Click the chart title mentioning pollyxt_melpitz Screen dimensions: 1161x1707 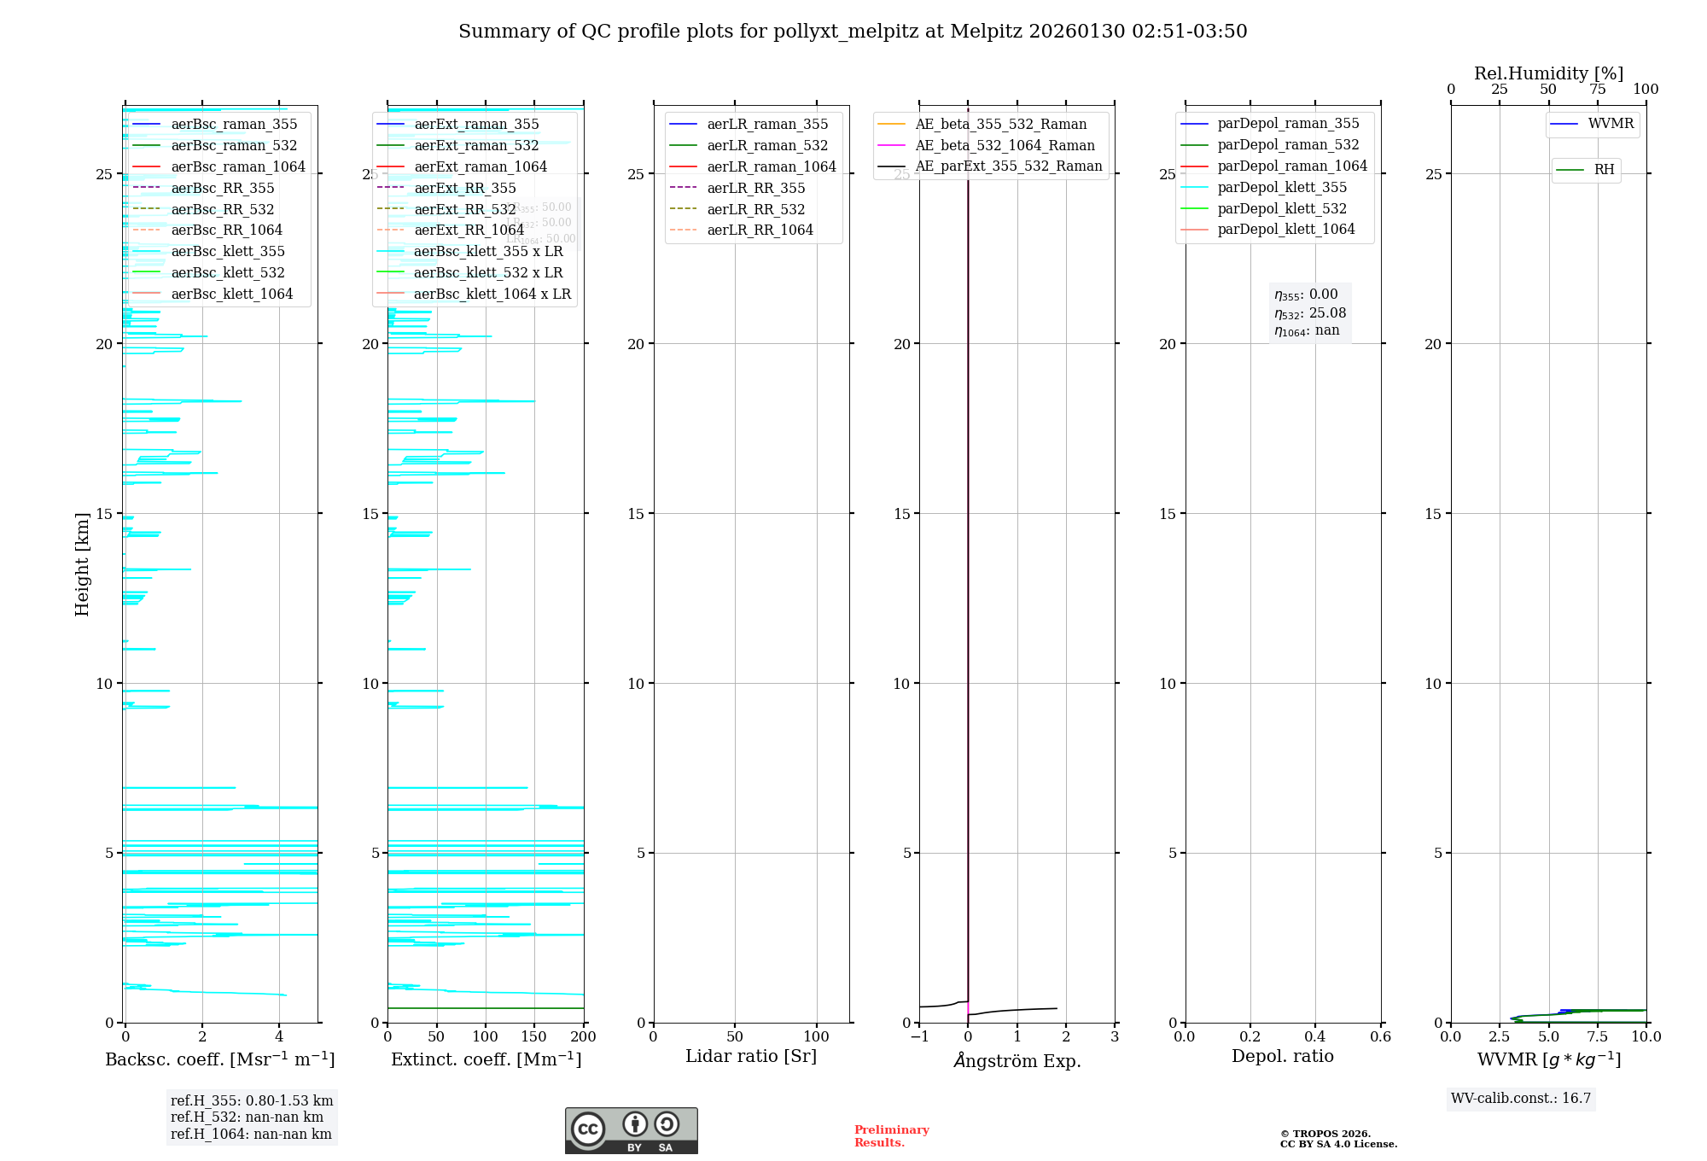(x=853, y=32)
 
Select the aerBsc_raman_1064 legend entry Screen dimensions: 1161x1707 (x=237, y=166)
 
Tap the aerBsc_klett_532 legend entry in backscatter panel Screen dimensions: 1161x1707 (x=227, y=272)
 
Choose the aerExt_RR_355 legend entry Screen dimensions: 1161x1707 (x=464, y=188)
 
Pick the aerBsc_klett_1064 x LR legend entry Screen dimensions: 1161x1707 (x=492, y=294)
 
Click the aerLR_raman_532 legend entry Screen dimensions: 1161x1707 (x=767, y=145)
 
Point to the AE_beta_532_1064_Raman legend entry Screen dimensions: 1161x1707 (x=1005, y=145)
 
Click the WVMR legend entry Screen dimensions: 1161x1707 (x=1610, y=124)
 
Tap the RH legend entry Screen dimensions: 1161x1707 (x=1604, y=170)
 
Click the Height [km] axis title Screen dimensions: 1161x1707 (x=82, y=564)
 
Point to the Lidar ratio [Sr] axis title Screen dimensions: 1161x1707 (x=751, y=1056)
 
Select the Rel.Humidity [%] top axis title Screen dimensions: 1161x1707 (x=1548, y=73)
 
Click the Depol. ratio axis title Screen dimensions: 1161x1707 (x=1282, y=1056)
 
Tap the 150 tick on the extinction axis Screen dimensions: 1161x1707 (x=534, y=1037)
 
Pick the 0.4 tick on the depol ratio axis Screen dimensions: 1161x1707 (x=1315, y=1037)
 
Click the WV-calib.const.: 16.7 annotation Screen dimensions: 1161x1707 (x=1521, y=1098)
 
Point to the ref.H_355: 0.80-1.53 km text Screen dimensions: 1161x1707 (x=252, y=1100)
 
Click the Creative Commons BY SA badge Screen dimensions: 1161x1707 (x=631, y=1130)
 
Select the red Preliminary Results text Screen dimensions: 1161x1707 (x=891, y=1136)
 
